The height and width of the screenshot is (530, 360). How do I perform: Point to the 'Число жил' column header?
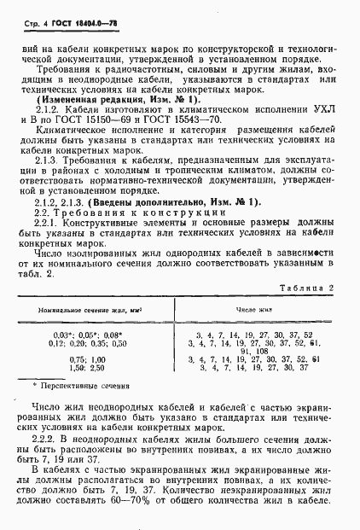tap(253, 310)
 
